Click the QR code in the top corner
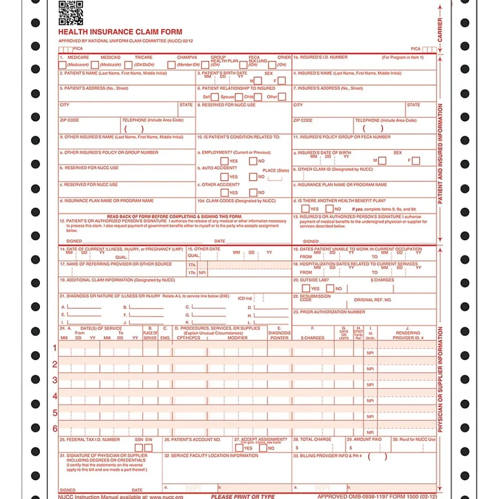click(70, 12)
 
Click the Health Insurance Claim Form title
click(120, 32)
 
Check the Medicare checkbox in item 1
click(62, 65)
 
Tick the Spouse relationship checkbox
click(239, 97)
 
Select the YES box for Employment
click(225, 161)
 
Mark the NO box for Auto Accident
click(253, 177)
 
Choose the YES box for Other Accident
click(225, 193)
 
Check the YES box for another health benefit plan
click(305, 209)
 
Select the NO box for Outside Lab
click(330, 288)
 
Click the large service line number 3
click(55, 380)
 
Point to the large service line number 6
click(55, 428)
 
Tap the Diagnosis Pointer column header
click(279, 335)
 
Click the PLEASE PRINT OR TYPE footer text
click(243, 497)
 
